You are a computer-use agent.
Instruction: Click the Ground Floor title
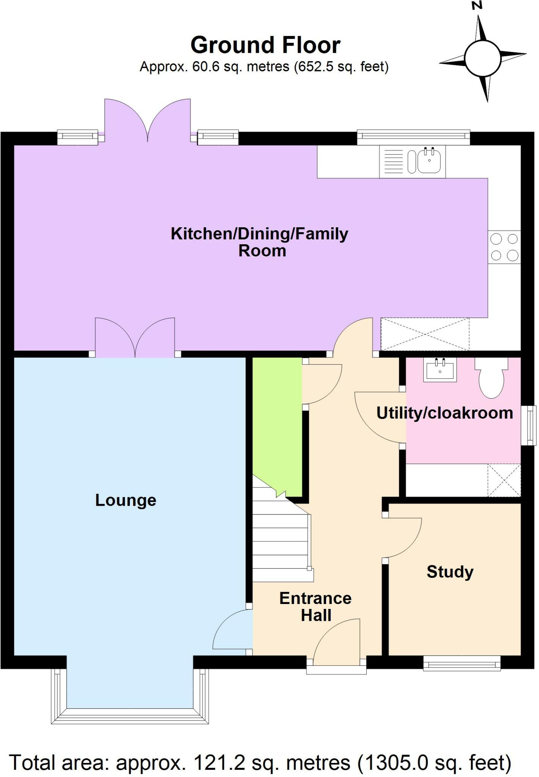coord(265,45)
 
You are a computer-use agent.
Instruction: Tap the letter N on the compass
coord(477,5)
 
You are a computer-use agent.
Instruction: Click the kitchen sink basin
coord(429,161)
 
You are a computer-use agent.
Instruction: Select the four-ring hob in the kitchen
coord(504,247)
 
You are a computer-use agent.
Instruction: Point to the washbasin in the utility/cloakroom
coord(440,370)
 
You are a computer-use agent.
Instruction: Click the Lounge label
coord(126,500)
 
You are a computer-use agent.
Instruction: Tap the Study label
coord(450,572)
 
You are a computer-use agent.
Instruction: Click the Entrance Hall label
coord(316,606)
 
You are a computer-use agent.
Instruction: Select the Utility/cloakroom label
coord(444,413)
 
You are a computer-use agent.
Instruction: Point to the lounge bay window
coord(130,715)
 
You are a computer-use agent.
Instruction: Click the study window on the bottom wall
coord(462,664)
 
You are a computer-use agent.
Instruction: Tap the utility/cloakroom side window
coord(528,425)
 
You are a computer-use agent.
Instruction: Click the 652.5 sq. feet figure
coord(341,67)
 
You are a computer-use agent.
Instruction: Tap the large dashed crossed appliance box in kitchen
coord(425,334)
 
